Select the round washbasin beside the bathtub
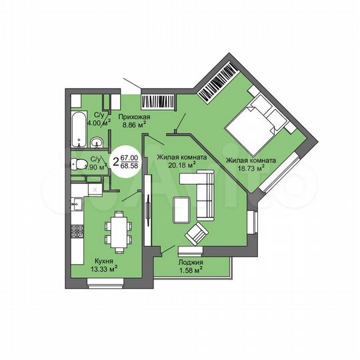[x=97, y=141]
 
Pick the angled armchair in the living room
[x=195, y=234]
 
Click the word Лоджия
[x=191, y=262]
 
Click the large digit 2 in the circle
[x=115, y=161]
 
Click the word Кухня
[x=103, y=261]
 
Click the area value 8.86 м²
[x=133, y=124]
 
